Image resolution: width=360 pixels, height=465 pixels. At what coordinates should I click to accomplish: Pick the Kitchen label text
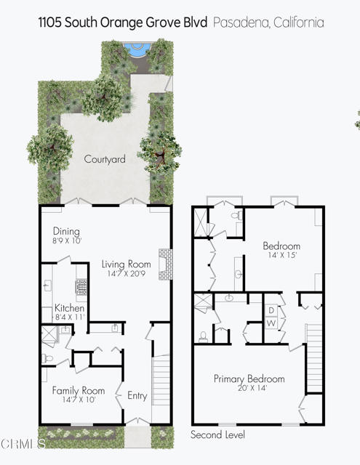(69, 308)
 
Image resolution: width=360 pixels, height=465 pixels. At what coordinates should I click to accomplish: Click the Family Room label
(79, 390)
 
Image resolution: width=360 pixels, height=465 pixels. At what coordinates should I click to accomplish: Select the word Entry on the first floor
(137, 396)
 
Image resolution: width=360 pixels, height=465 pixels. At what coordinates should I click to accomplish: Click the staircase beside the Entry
(161, 384)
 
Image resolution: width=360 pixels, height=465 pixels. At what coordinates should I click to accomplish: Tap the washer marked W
(270, 323)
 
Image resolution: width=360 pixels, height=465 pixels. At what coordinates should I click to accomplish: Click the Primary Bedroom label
(249, 379)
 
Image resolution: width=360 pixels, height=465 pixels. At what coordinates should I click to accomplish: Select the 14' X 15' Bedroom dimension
(281, 256)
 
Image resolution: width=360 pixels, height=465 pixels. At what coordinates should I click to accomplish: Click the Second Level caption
(217, 434)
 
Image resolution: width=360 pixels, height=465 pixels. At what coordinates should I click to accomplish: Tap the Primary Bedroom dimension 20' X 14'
(249, 389)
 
